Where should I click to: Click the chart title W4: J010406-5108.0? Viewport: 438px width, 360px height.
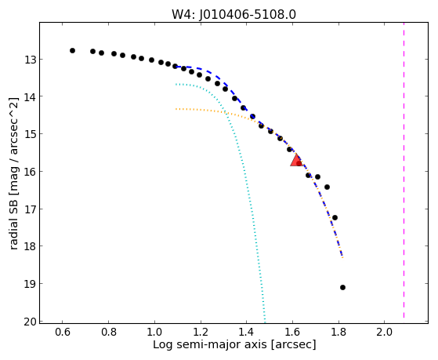233,14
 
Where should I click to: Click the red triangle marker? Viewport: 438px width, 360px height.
296,161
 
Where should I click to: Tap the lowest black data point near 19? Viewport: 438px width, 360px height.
342,287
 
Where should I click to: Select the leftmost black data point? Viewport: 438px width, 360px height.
72,51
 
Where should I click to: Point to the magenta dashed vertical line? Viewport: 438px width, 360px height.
404,170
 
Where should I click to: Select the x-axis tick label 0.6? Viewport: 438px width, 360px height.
63,333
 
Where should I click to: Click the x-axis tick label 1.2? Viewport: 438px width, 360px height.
201,333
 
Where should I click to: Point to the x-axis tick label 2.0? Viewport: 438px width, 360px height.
385,333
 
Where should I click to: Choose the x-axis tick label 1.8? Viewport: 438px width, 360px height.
338,333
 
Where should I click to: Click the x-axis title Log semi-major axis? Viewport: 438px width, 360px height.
210,344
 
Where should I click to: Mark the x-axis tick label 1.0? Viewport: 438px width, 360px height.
154,333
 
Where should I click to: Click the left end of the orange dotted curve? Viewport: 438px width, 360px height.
176,109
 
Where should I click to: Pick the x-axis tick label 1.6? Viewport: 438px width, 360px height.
292,333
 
